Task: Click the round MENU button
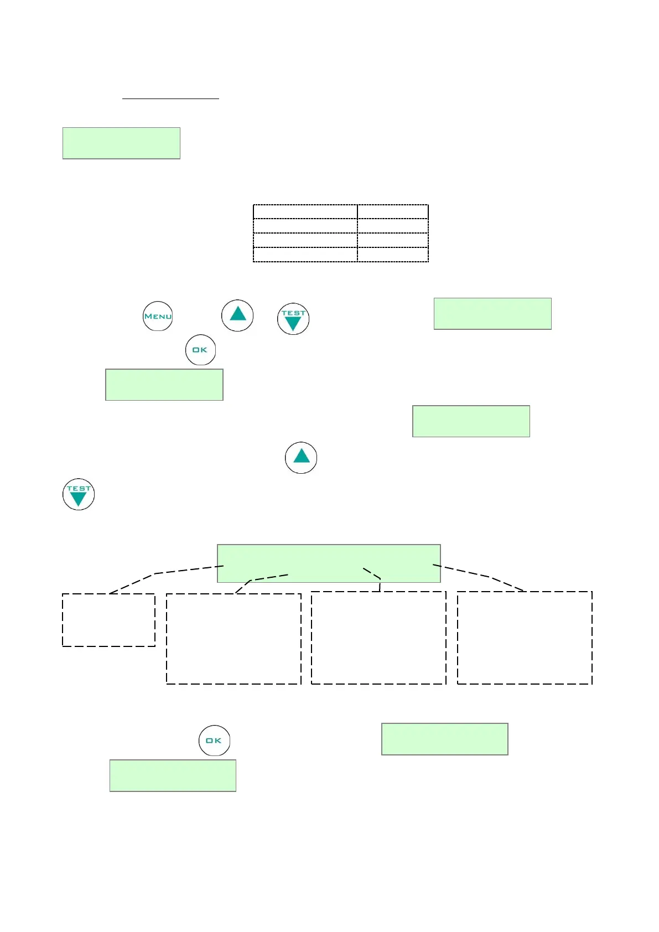tap(158, 316)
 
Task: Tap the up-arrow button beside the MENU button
tap(237, 315)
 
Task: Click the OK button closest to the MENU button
tap(200, 350)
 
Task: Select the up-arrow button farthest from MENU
tap(301, 457)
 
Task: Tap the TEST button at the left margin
tap(79, 494)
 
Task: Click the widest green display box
tap(329, 563)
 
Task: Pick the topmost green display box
tap(121, 143)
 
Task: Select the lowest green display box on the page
tap(173, 775)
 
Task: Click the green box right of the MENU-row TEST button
tap(492, 314)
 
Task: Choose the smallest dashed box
tap(108, 620)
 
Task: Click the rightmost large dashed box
tap(525, 638)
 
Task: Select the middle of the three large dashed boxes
tap(378, 638)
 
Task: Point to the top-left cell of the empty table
tap(305, 211)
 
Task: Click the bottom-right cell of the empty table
tap(393, 255)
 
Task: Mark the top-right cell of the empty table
tap(393, 211)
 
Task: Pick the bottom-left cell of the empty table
tap(305, 255)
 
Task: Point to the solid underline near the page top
tap(170, 99)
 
